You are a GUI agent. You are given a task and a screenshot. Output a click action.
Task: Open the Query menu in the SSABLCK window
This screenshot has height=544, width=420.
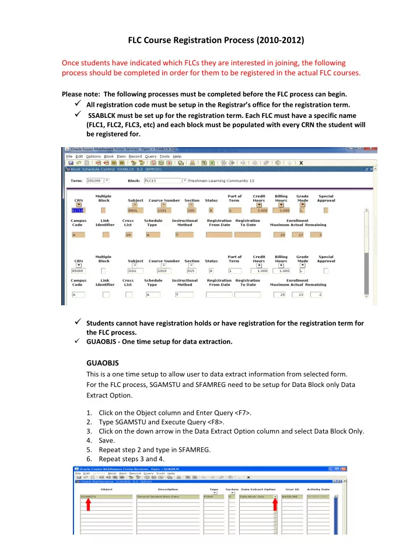coord(148,156)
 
